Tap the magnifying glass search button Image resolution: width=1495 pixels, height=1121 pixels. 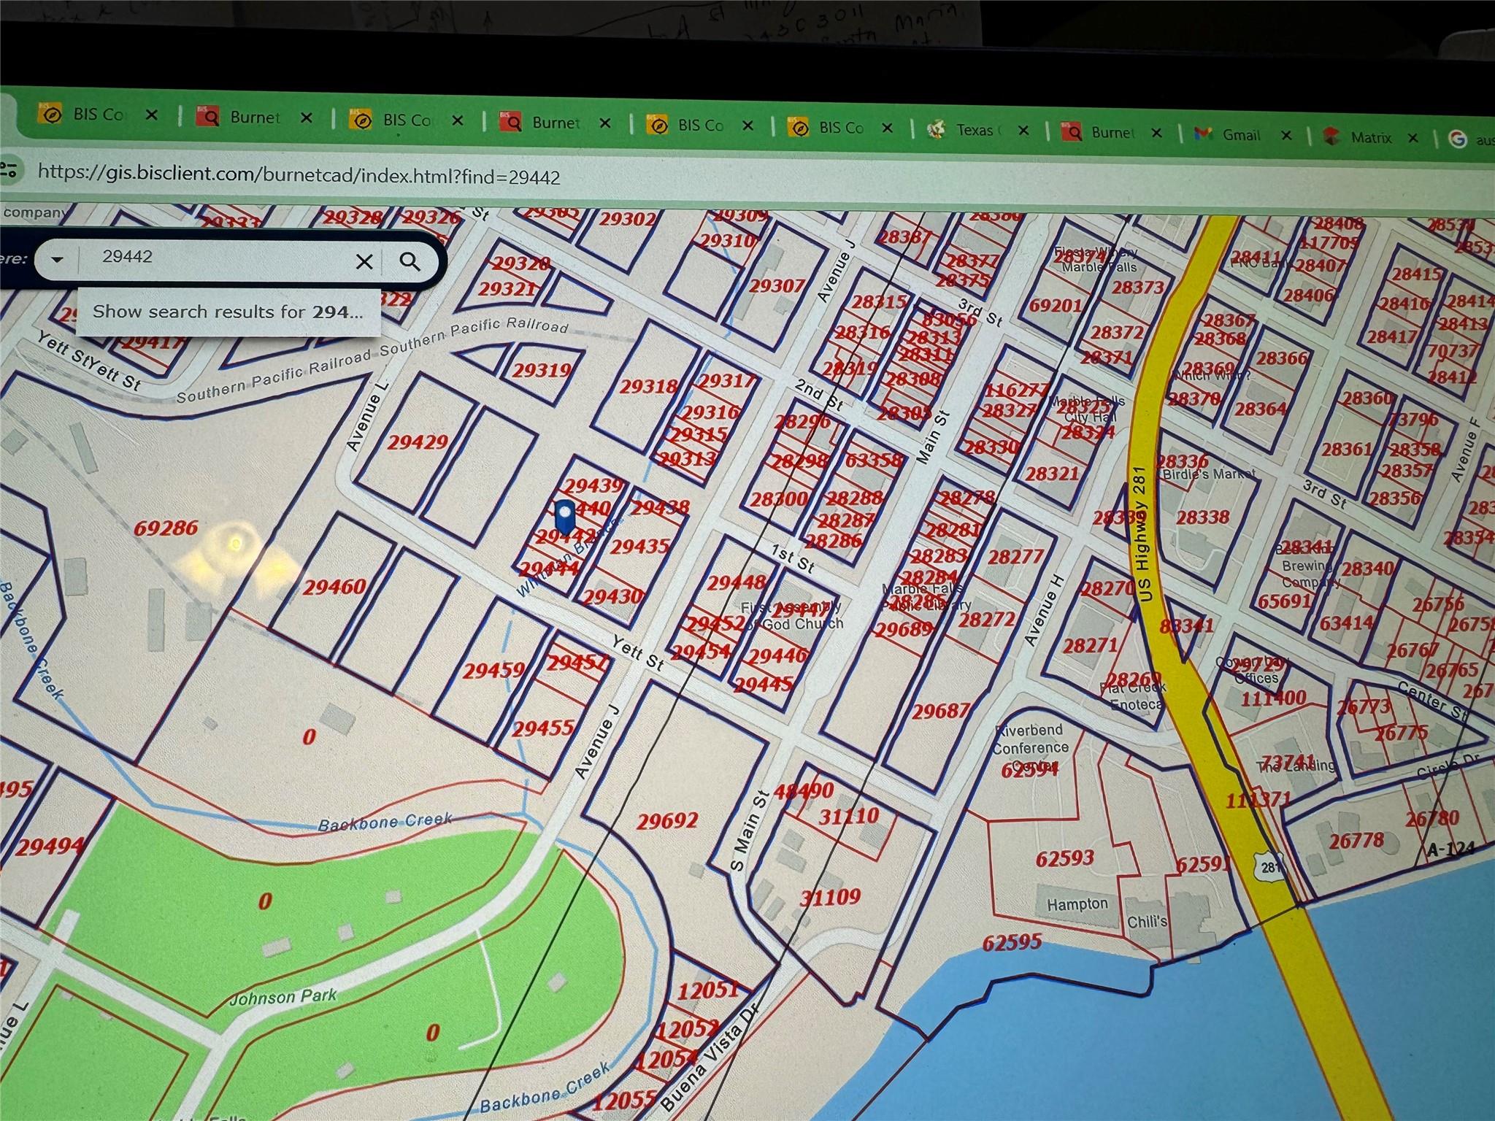click(410, 261)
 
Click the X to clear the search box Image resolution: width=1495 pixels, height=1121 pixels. click(364, 261)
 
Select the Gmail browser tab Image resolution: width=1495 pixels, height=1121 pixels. click(1240, 135)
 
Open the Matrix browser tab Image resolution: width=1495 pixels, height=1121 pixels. click(1370, 137)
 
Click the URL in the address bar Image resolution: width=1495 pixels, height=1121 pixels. click(299, 175)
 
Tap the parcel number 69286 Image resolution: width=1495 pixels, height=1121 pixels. click(166, 528)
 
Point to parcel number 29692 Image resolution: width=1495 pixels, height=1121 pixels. click(666, 821)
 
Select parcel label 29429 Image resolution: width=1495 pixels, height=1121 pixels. click(418, 442)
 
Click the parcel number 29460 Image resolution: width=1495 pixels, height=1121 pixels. click(334, 587)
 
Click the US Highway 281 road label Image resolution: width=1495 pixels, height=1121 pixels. click(1144, 533)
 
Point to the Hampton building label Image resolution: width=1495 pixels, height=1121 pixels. click(1077, 904)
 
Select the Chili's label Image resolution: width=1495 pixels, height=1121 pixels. click(1147, 922)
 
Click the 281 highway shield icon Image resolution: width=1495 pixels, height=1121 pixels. click(1271, 866)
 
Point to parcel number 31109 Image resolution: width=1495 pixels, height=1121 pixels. click(830, 897)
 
